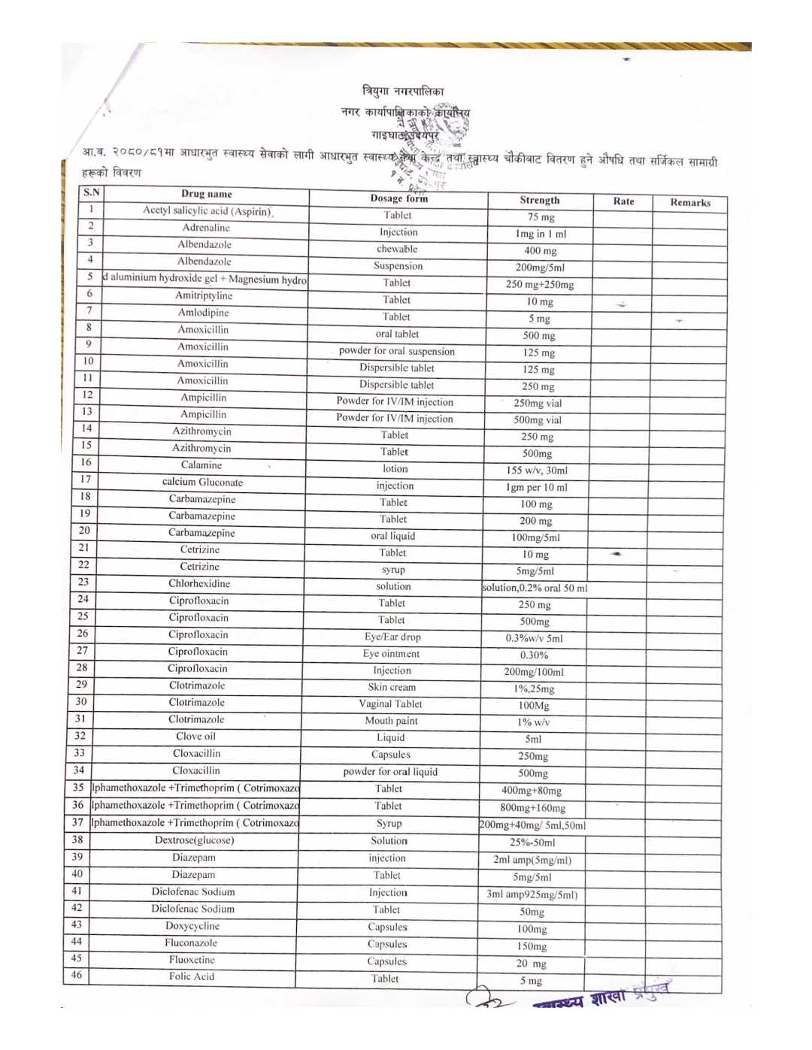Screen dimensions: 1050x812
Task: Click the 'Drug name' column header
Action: (x=206, y=194)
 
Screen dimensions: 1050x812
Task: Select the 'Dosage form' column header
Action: (x=398, y=198)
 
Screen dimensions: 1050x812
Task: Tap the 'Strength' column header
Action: (x=540, y=200)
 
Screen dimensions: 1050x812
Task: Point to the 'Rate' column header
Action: (x=623, y=201)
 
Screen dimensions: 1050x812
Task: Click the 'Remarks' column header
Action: (x=690, y=202)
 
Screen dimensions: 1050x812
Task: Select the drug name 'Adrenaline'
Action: (x=206, y=228)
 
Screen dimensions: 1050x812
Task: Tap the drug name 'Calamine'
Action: (x=201, y=465)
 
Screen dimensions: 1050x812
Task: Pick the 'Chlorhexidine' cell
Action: (x=199, y=583)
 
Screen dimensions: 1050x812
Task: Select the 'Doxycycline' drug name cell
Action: (x=192, y=926)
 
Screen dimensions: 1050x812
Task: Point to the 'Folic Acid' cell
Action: (x=191, y=976)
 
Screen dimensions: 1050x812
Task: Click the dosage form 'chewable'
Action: (x=397, y=249)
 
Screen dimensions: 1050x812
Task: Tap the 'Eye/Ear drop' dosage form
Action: (x=392, y=637)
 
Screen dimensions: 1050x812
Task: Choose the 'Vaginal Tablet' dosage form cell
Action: (x=390, y=704)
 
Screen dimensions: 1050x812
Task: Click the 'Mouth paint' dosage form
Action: (x=391, y=721)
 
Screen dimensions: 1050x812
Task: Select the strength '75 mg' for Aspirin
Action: (x=541, y=217)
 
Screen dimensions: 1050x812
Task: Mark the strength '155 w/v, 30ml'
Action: (x=537, y=471)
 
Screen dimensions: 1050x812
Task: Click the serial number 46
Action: (x=76, y=975)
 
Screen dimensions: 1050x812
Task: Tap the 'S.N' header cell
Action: (x=92, y=192)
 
